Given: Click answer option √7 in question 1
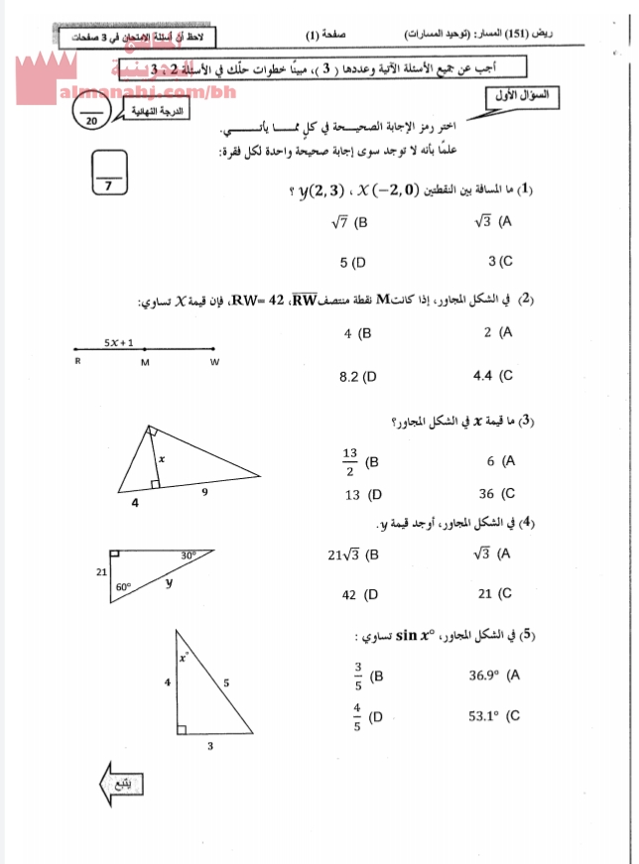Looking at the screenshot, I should pos(342,222).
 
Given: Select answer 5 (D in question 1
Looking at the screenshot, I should pos(352,263).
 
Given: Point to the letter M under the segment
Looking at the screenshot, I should pos(145,362).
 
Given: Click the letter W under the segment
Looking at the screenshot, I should pos(213,362).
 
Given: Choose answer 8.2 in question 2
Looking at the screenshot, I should pos(350,376).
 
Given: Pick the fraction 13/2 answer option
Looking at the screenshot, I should pos(350,461).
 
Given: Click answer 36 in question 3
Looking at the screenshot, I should pos(486,493).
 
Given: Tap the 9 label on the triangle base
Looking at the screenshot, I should pos(204,492).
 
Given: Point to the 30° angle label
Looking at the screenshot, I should pos(188,555).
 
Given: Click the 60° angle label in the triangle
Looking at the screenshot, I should pos(123,586).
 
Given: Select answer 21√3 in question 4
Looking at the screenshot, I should pos(342,555).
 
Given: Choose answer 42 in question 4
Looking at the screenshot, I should pos(349,594).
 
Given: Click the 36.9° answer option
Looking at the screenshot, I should pos(488,676).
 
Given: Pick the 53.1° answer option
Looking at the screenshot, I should pos(488,715).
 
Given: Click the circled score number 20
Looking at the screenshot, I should pos(92,120).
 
